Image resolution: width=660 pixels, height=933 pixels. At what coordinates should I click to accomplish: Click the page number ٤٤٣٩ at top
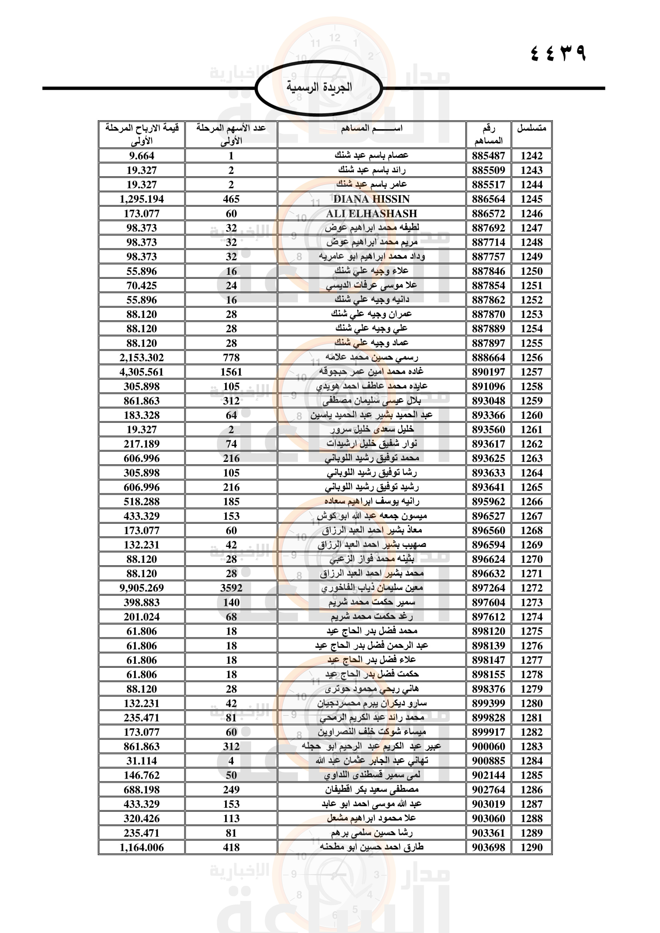(x=558, y=53)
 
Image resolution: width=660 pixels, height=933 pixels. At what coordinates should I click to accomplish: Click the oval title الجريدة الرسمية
(x=319, y=87)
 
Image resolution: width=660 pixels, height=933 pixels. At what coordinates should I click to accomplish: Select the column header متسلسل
(x=531, y=128)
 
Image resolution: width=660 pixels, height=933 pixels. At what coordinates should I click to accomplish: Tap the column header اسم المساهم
(x=371, y=128)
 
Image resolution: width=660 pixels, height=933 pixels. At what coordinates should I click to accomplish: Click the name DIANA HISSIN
(x=371, y=199)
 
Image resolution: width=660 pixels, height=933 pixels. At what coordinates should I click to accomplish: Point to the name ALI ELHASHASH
(x=371, y=213)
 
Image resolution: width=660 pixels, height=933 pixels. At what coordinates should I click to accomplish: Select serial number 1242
(x=531, y=156)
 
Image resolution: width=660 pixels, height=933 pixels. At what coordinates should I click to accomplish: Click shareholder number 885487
(x=488, y=156)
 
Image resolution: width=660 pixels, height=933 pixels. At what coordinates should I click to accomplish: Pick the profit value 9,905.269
(x=141, y=588)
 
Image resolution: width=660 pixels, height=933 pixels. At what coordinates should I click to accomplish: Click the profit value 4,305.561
(x=141, y=372)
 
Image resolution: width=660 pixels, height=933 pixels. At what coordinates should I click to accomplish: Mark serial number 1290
(x=531, y=847)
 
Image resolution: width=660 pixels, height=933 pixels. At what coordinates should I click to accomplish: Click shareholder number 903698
(x=488, y=847)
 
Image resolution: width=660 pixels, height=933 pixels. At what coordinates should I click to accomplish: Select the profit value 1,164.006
(x=141, y=847)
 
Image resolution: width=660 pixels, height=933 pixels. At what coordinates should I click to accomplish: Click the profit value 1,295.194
(x=141, y=199)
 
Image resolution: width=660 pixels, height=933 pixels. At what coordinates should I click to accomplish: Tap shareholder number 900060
(x=488, y=746)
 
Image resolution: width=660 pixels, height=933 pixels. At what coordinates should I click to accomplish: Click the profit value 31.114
(x=141, y=761)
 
